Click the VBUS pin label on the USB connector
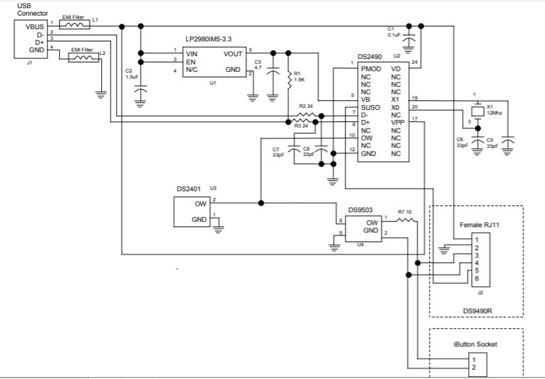[35, 26]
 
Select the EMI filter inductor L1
[75, 24]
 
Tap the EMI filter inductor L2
[83, 58]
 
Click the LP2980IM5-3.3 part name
[208, 39]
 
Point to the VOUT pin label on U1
[233, 54]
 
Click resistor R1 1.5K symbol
[288, 79]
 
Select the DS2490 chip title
[369, 57]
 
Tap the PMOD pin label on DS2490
[371, 68]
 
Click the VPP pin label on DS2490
[398, 123]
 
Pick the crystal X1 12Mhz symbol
[478, 111]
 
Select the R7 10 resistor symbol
[405, 220]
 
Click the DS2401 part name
[189, 189]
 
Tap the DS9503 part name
[360, 210]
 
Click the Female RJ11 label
[479, 225]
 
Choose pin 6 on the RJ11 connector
[476, 279]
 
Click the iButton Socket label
[475, 344]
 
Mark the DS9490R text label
[477, 311]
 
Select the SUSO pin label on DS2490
[370, 108]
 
